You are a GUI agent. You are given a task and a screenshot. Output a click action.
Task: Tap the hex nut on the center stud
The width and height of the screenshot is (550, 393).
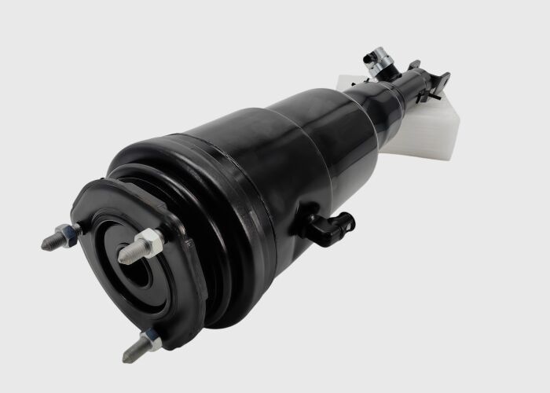[x=149, y=241]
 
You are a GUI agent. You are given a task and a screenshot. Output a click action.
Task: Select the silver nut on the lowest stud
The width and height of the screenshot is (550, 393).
[x=150, y=339]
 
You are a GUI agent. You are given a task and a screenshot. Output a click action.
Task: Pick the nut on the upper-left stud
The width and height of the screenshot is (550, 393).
[x=69, y=233]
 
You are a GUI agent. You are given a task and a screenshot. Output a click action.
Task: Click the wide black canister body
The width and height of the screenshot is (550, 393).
[x=259, y=173]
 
